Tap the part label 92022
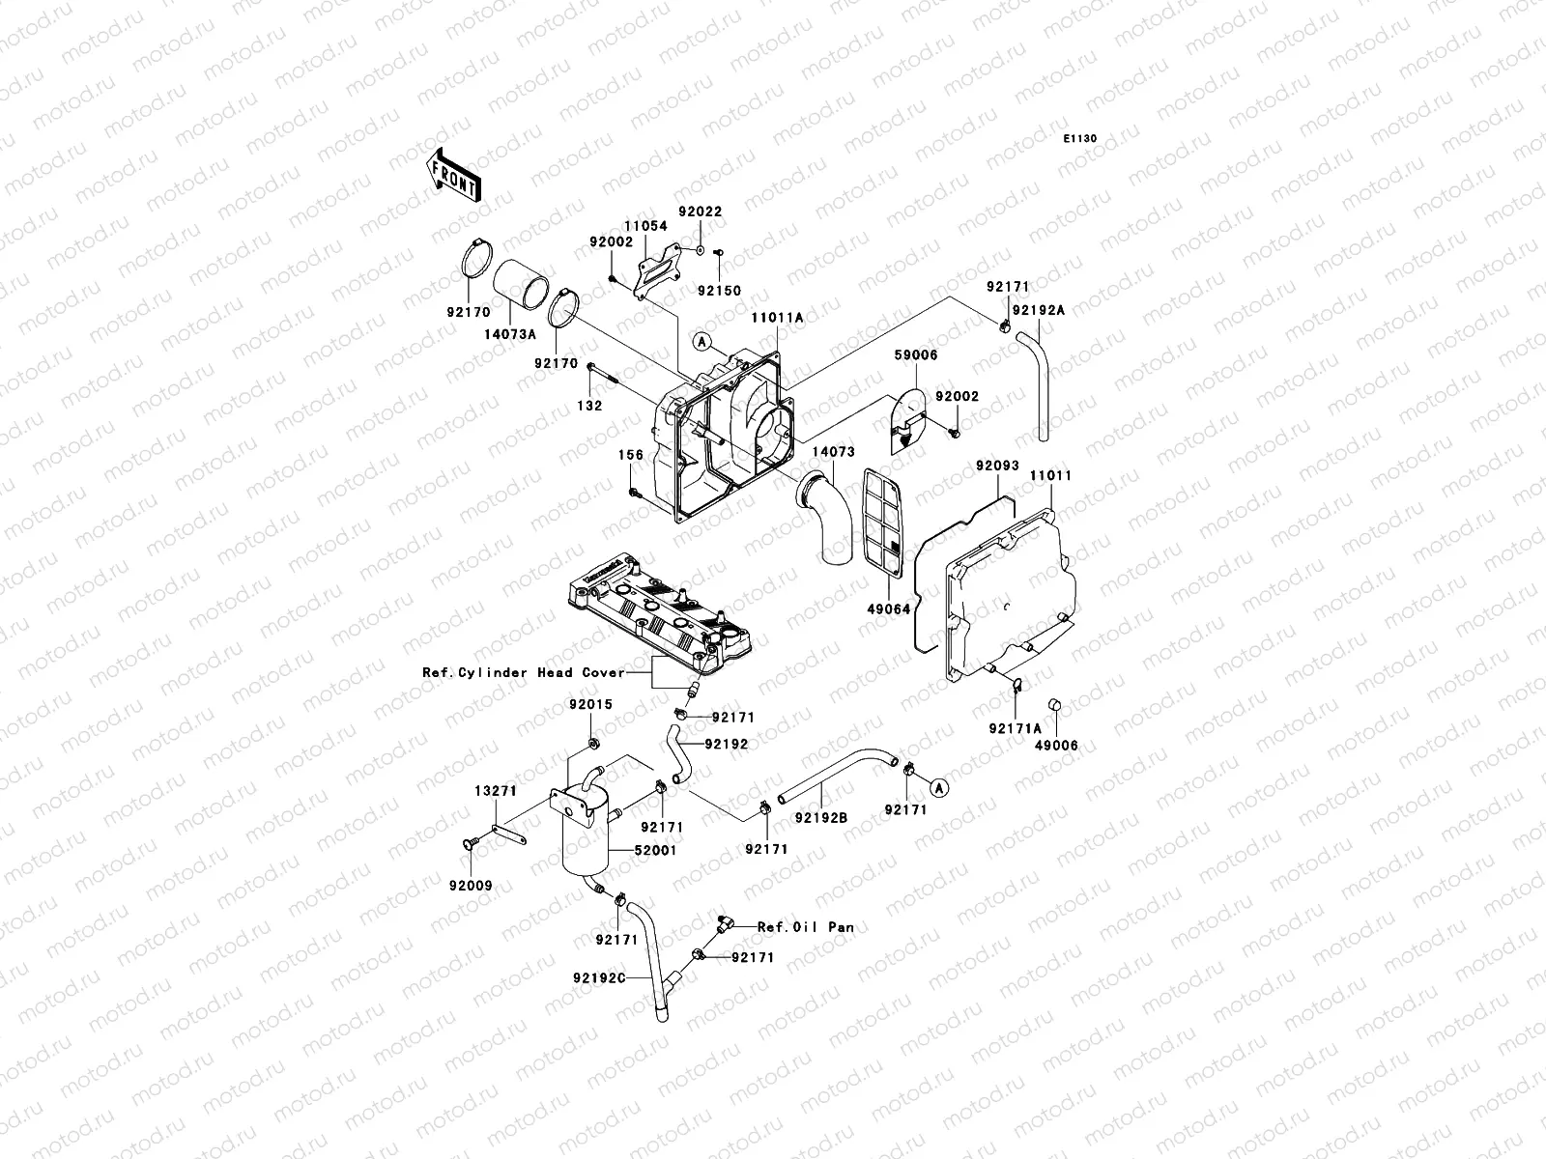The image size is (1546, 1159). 700,212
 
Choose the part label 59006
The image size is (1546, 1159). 915,355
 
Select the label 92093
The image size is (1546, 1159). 997,466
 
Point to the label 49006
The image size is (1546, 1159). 1055,746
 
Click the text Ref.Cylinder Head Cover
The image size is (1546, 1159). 523,672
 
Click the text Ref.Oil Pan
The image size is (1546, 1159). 806,926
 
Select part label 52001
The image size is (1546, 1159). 655,850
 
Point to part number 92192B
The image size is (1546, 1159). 821,817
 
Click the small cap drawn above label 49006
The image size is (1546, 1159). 1055,725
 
